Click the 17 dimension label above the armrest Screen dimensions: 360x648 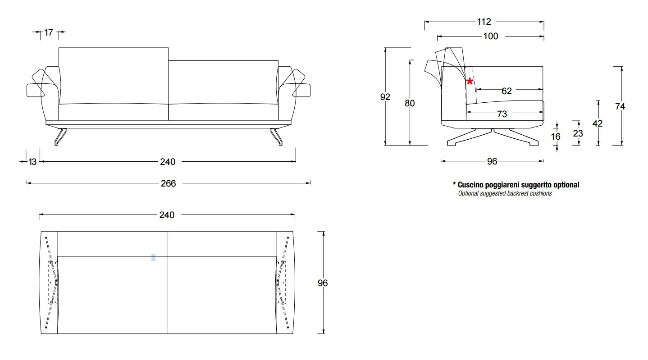pos(49,32)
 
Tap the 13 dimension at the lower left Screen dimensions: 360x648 pos(32,162)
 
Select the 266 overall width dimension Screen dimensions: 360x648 pos(168,183)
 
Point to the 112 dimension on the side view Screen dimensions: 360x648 pos(484,22)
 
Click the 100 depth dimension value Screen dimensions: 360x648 pos(491,36)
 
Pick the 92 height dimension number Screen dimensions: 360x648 pos(385,97)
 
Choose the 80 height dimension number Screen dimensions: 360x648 pos(410,103)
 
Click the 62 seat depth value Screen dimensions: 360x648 pos(507,91)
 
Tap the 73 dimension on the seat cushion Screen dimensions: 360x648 pos(502,114)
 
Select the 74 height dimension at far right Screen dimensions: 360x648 pos(621,106)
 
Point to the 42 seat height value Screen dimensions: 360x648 pos(598,123)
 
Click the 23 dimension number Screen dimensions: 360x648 pos(578,133)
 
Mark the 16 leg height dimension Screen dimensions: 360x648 pos(556,136)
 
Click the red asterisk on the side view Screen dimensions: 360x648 pos(470,82)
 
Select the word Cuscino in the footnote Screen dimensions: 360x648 pos(471,185)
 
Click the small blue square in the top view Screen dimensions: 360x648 pos(154,258)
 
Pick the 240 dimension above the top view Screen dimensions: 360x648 pos(167,215)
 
